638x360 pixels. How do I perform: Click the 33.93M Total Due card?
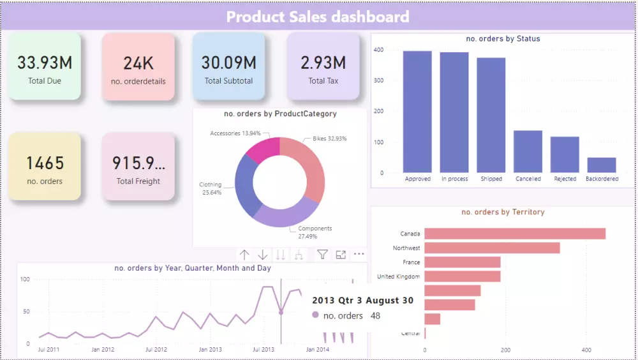(x=45, y=67)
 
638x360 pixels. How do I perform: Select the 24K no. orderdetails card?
(x=138, y=67)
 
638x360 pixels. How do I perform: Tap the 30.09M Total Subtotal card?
(x=228, y=67)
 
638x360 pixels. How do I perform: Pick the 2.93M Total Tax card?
(x=323, y=67)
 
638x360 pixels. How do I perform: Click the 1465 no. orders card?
(x=45, y=167)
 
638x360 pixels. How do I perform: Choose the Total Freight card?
(x=138, y=167)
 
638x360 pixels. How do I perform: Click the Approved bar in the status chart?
(x=417, y=112)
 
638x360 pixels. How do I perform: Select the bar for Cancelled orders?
(x=528, y=152)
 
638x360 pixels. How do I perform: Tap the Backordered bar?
(x=602, y=165)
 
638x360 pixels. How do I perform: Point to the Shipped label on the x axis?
(x=491, y=179)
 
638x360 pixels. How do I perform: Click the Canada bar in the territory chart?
(x=514, y=234)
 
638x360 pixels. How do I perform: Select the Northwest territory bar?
(x=492, y=248)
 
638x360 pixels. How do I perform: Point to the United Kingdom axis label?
(x=399, y=277)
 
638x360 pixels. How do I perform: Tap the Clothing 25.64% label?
(x=211, y=188)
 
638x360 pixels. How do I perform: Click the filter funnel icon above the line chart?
(x=322, y=255)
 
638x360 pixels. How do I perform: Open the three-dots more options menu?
(x=359, y=255)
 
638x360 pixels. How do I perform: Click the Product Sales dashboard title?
(x=318, y=17)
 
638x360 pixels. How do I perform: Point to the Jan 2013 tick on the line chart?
(x=210, y=350)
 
